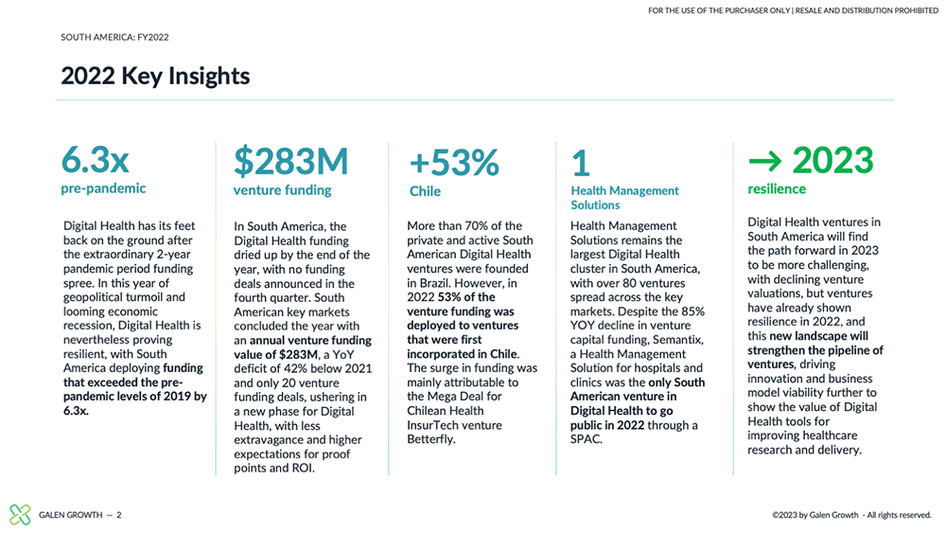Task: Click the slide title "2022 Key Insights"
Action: point(155,77)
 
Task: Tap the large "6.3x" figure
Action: point(96,160)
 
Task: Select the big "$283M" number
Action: point(290,161)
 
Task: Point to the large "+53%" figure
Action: point(454,163)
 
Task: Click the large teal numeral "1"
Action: point(581,163)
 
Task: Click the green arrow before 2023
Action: point(765,161)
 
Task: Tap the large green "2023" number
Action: point(832,161)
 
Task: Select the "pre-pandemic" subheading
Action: point(103,188)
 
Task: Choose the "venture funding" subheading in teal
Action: point(282,190)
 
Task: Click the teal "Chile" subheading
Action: point(425,191)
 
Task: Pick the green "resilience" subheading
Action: point(777,189)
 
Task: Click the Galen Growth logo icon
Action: point(20,514)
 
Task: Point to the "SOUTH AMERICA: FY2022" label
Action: point(114,38)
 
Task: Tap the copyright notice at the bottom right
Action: point(852,515)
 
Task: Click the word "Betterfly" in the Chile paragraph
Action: point(429,439)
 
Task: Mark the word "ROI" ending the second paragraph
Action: point(301,469)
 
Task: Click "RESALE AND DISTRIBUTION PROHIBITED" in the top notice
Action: point(867,10)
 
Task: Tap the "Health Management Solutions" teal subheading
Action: point(624,198)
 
